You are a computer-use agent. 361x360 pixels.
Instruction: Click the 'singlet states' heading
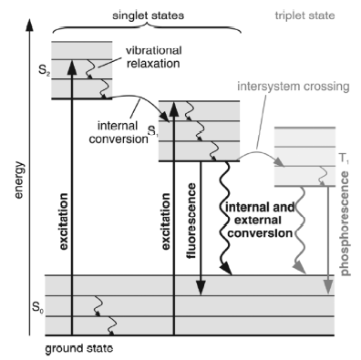148,15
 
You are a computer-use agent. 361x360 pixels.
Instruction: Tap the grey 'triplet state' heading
304,15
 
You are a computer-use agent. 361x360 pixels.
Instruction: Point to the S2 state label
45,71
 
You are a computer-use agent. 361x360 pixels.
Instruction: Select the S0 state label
38,307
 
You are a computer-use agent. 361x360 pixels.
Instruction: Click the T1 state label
344,158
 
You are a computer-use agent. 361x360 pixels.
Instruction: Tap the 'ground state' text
79,348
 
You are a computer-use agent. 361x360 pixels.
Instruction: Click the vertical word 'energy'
19,180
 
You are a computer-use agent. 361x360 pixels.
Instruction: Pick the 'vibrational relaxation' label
154,57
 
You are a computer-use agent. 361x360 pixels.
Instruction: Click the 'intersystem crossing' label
294,87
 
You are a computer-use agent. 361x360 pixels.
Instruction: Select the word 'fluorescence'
192,221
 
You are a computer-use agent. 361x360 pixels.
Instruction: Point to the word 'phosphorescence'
346,223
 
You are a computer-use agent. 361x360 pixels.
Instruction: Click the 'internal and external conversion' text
260,221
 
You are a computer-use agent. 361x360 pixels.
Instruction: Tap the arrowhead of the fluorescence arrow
201,288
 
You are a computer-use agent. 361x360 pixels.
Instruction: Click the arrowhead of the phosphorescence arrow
328,287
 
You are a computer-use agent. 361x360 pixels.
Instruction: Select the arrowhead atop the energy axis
29,26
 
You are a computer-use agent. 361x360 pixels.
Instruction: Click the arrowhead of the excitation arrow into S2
72,67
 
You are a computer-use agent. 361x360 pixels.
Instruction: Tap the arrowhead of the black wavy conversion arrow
225,269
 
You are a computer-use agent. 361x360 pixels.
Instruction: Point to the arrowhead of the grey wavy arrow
300,268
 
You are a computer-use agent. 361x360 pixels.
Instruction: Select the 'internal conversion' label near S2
119,133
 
